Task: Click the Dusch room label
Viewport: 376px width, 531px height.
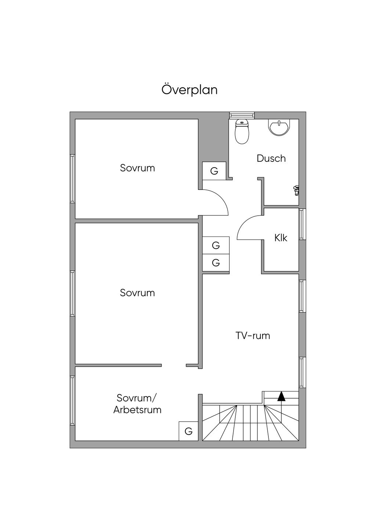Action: pyautogui.click(x=271, y=158)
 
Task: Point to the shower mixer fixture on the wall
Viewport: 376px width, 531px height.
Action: pyautogui.click(x=296, y=190)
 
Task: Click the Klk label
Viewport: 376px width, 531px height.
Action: pyautogui.click(x=281, y=238)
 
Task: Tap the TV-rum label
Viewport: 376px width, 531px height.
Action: pyautogui.click(x=253, y=336)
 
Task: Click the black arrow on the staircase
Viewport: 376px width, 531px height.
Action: pyautogui.click(x=281, y=396)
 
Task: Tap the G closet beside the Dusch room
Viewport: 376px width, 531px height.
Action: pyautogui.click(x=214, y=171)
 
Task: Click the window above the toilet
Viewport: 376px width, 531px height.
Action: pyautogui.click(x=242, y=115)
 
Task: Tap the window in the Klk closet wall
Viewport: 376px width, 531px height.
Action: pyautogui.click(x=301, y=224)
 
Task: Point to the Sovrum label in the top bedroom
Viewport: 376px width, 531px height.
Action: pyautogui.click(x=137, y=168)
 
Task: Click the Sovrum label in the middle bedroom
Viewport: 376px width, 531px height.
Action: pyautogui.click(x=137, y=293)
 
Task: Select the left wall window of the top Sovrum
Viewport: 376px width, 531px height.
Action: pyautogui.click(x=72, y=179)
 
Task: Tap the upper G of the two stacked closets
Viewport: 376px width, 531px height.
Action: pyautogui.click(x=216, y=245)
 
